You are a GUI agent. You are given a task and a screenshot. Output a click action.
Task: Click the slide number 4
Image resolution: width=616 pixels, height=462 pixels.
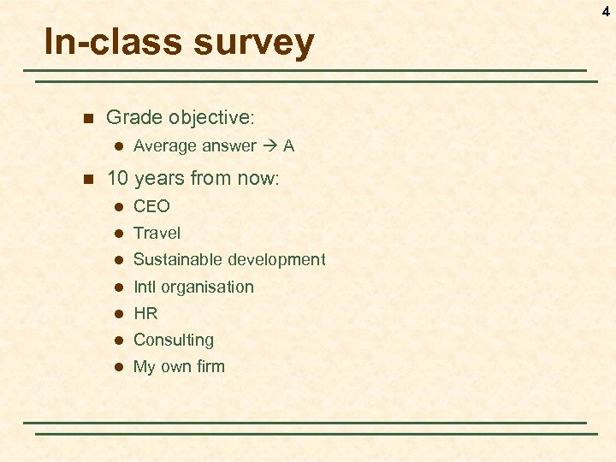pos(606,11)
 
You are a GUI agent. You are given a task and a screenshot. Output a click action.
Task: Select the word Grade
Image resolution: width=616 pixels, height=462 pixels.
pos(134,116)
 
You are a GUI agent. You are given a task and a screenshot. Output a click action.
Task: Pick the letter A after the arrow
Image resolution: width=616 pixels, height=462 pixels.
pos(288,146)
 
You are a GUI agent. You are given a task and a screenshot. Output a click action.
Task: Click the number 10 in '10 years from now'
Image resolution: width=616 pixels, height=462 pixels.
pos(117,179)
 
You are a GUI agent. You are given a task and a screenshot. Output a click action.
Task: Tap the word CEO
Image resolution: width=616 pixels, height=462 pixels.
pos(151,206)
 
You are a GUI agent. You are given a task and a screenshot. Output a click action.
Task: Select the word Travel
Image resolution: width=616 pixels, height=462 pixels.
pos(157,233)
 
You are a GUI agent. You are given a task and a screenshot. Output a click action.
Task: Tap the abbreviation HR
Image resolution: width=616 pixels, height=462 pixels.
pos(145,313)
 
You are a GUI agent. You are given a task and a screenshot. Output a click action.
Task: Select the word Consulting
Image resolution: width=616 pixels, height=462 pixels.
pos(174,340)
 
